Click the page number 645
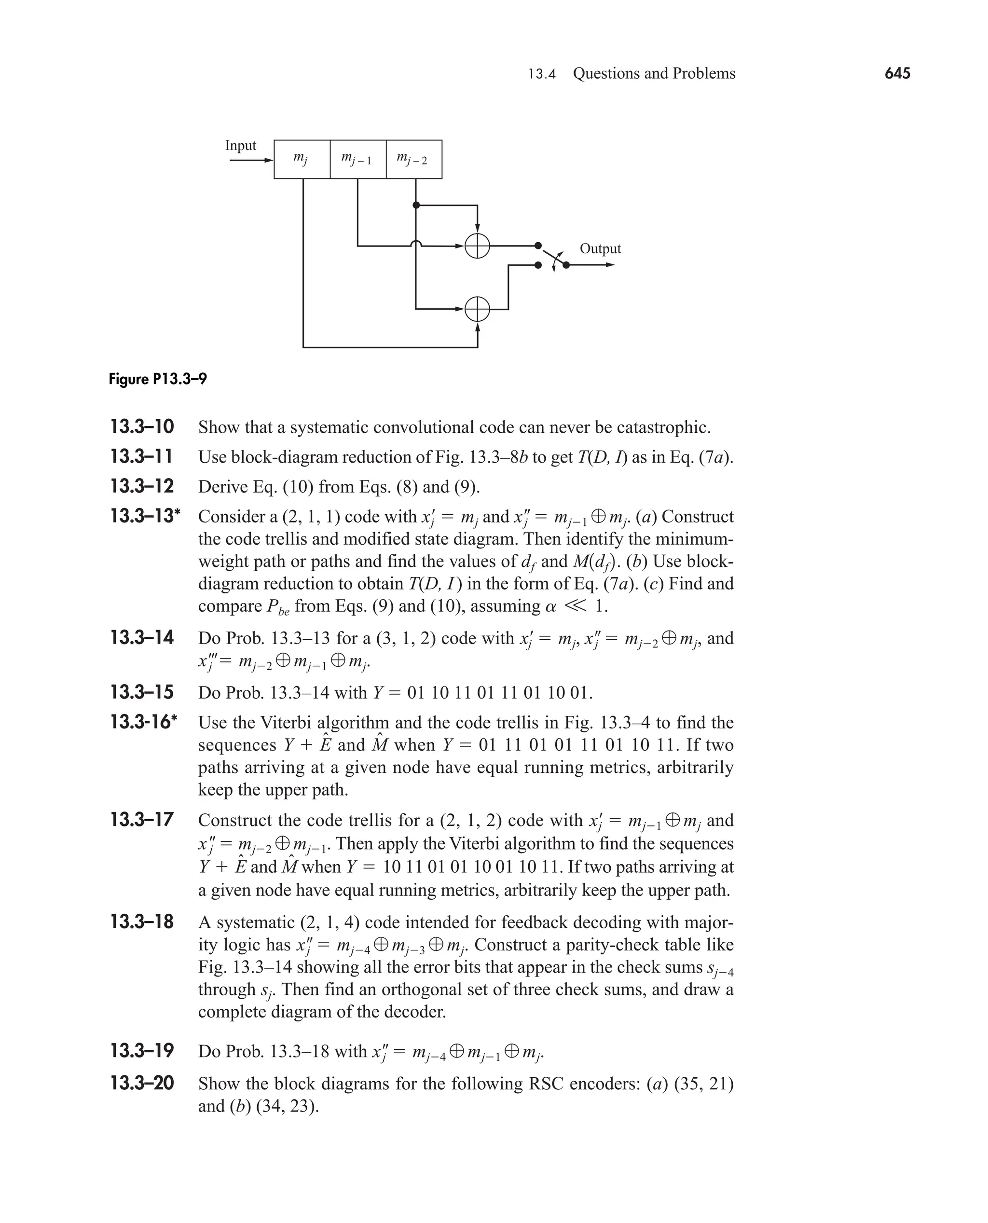[897, 73]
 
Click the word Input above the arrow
[240, 146]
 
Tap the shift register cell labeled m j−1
[357, 159]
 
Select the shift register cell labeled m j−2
[414, 159]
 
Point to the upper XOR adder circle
[477, 246]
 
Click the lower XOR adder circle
[477, 309]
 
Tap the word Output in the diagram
[600, 248]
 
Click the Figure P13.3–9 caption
[158, 379]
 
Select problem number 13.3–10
[142, 427]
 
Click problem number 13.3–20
[142, 1083]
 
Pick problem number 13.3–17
[142, 820]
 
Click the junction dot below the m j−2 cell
[416, 205]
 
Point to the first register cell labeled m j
[302, 159]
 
